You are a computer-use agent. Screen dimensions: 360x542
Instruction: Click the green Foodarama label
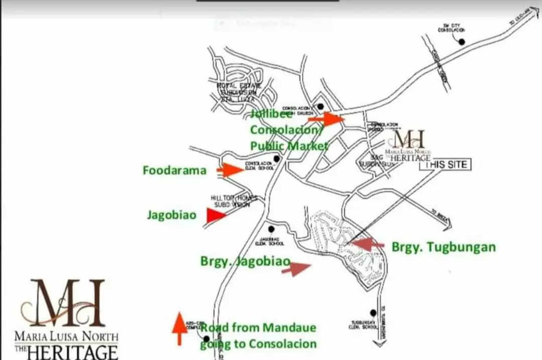(174, 170)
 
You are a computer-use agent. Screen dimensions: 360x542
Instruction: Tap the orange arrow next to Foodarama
(231, 170)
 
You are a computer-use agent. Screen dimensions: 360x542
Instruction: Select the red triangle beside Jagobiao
(215, 216)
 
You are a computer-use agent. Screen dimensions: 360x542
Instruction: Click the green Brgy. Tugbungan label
(444, 247)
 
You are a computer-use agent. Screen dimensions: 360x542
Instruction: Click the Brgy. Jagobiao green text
(245, 261)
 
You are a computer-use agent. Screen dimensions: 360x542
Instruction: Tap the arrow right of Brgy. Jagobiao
(296, 269)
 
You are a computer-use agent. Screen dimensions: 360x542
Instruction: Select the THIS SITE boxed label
(445, 165)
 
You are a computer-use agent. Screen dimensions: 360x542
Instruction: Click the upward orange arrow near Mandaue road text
(179, 328)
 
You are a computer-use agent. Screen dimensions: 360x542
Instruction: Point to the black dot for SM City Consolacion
(462, 42)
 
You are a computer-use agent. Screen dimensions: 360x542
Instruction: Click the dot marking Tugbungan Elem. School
(373, 313)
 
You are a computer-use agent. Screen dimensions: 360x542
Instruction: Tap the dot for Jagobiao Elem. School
(272, 229)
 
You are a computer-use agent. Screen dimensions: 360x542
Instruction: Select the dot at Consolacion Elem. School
(277, 159)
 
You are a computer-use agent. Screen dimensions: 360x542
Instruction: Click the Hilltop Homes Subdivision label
(228, 201)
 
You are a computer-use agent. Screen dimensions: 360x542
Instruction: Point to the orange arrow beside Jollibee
(326, 119)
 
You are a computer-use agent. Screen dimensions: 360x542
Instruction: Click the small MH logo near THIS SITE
(409, 139)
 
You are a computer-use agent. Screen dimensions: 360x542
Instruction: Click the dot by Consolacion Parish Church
(320, 106)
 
